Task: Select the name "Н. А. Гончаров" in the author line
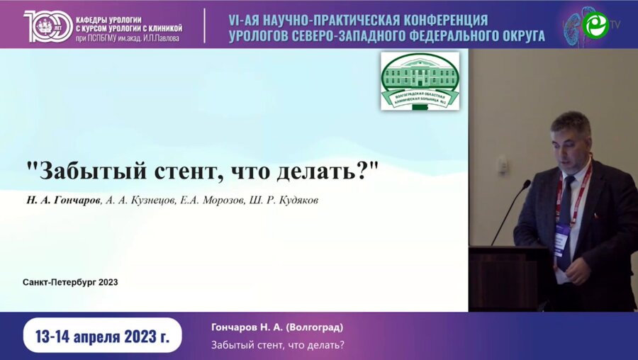(x=62, y=201)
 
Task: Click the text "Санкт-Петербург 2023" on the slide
(x=70, y=282)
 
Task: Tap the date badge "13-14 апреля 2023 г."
(x=102, y=335)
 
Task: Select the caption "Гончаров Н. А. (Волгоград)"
(x=277, y=327)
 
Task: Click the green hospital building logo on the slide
(x=420, y=81)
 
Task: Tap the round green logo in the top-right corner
(x=595, y=25)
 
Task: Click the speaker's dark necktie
(x=565, y=227)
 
